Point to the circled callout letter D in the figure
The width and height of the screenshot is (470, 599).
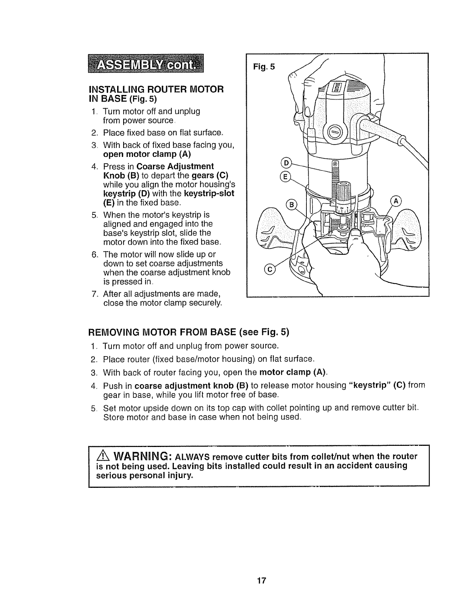(x=286, y=163)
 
